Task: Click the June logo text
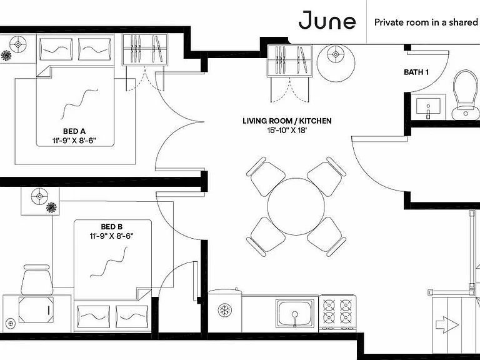coord(327,20)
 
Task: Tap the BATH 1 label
coord(416,72)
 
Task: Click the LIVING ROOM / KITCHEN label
coord(287,121)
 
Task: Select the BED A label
coord(74,131)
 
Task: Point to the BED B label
coord(112,227)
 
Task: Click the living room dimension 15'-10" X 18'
coord(287,130)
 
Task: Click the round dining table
coord(296,207)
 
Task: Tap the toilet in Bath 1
coord(466,94)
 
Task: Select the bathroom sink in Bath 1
coord(428,106)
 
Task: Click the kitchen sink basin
coord(295,312)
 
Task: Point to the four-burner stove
coord(337,312)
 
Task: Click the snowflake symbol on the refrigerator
coord(225,311)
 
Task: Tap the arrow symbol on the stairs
coord(447,324)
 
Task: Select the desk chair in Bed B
coord(37,280)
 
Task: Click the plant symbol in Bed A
coord(6,56)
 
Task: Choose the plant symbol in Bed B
coord(51,207)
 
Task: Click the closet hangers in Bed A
coord(145,49)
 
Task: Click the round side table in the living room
coord(336,63)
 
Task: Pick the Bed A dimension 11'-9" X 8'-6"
coord(74,141)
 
